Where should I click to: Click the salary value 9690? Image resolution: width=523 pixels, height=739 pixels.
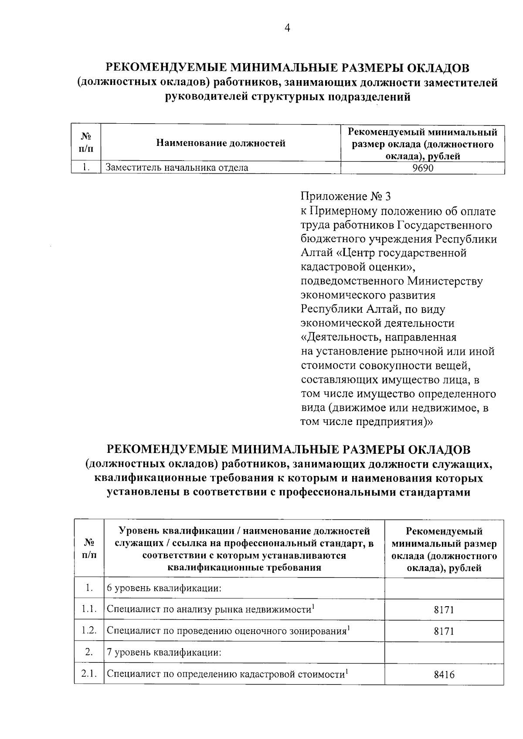[x=423, y=168]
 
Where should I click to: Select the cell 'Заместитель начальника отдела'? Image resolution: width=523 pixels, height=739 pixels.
[x=177, y=168]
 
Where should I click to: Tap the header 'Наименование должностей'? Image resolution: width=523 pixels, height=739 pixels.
[x=221, y=143]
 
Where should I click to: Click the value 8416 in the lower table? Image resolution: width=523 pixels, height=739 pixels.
[x=444, y=675]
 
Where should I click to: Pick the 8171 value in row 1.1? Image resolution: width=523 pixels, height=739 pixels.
[x=444, y=610]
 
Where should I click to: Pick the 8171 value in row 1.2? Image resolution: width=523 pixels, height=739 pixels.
[x=444, y=631]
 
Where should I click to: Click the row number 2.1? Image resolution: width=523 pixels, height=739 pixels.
[x=89, y=674]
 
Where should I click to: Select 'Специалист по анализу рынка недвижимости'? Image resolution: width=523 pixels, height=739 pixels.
[x=210, y=610]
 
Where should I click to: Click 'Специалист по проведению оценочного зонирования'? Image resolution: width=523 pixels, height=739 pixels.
[x=227, y=631]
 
